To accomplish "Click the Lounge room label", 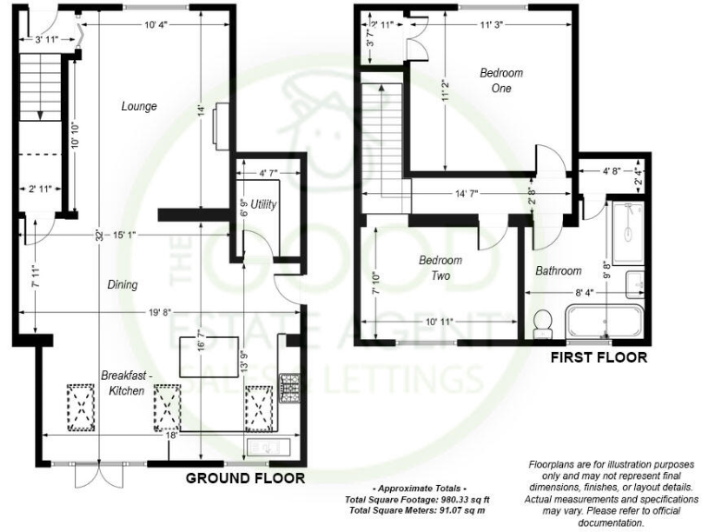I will coord(139,106).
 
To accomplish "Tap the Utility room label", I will coord(263,203).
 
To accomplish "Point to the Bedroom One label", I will coord(501,80).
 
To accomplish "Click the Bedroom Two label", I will coord(440,268).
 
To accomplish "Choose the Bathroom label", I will coord(558,271).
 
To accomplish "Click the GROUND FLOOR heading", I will coord(245,478).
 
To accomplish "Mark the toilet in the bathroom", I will coord(543,320).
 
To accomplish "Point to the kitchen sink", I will coord(268,448).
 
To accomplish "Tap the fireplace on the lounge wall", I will coord(215,125).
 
